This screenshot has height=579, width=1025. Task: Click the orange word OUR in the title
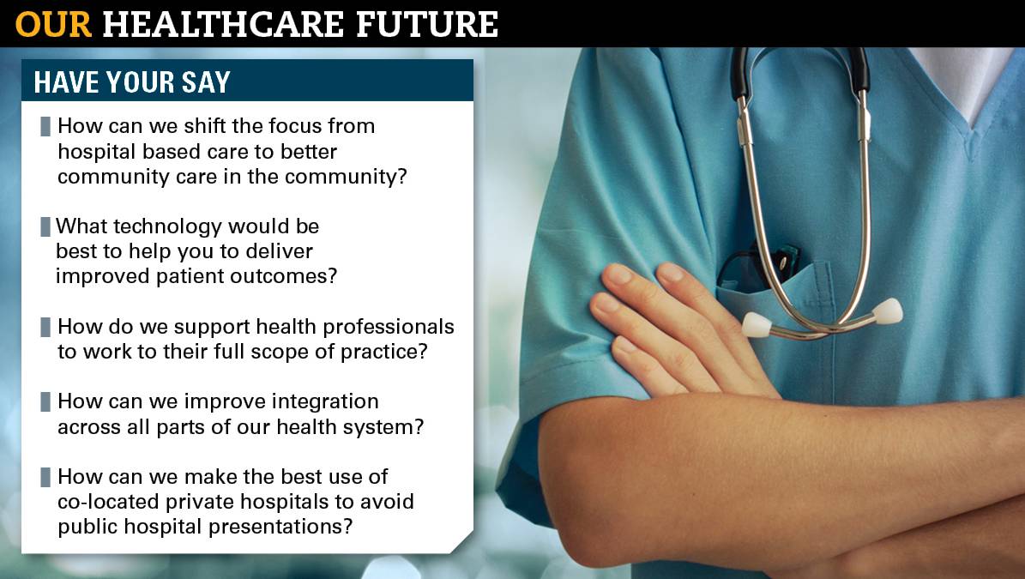tap(53, 25)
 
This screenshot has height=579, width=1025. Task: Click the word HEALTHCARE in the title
tap(224, 25)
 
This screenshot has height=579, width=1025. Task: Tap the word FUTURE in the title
tap(427, 25)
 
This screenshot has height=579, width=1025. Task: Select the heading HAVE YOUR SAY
tap(132, 82)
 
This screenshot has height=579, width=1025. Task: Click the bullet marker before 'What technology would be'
tap(45, 226)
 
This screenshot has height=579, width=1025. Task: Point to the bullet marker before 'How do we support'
tap(45, 327)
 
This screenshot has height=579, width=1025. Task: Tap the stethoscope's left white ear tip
tap(756, 324)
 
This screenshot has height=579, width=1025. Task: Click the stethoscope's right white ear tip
tap(888, 311)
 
